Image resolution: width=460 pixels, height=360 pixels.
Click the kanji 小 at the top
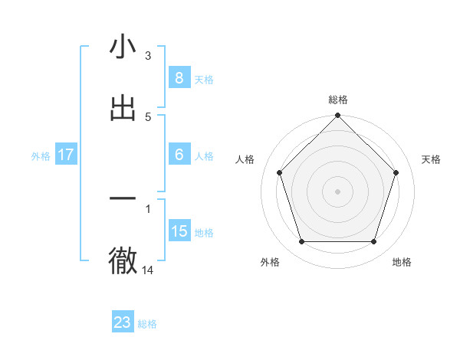pyautogui.click(x=123, y=47)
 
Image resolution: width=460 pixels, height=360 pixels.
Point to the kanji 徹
pyautogui.click(x=123, y=260)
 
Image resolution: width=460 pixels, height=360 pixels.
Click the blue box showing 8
pyautogui.click(x=179, y=78)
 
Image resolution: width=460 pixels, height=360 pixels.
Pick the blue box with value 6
pyautogui.click(x=179, y=155)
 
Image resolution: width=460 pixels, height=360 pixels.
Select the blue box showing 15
pyautogui.click(x=179, y=231)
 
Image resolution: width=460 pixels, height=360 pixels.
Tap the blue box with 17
pyautogui.click(x=65, y=155)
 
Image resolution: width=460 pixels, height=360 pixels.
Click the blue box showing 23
pyautogui.click(x=123, y=322)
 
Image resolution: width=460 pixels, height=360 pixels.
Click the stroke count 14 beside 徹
pyautogui.click(x=148, y=270)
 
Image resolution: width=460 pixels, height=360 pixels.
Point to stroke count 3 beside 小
pyautogui.click(x=148, y=56)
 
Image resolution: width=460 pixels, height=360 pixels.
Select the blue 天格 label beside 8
pyautogui.click(x=204, y=80)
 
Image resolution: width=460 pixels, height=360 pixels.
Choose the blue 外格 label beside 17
pyautogui.click(x=41, y=156)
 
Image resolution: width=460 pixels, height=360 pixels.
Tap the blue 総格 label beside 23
pyautogui.click(x=147, y=324)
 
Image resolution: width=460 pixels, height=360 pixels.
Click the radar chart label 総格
pyautogui.click(x=338, y=100)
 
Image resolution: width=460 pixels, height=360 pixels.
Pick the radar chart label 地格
pyautogui.click(x=402, y=262)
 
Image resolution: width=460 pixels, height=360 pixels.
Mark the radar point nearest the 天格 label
pyautogui.click(x=396, y=172)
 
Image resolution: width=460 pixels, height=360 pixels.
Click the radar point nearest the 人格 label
pyautogui.click(x=279, y=172)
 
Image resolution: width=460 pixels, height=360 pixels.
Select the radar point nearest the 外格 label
pyautogui.click(x=301, y=242)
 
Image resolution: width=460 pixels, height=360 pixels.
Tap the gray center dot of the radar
pyautogui.click(x=338, y=191)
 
